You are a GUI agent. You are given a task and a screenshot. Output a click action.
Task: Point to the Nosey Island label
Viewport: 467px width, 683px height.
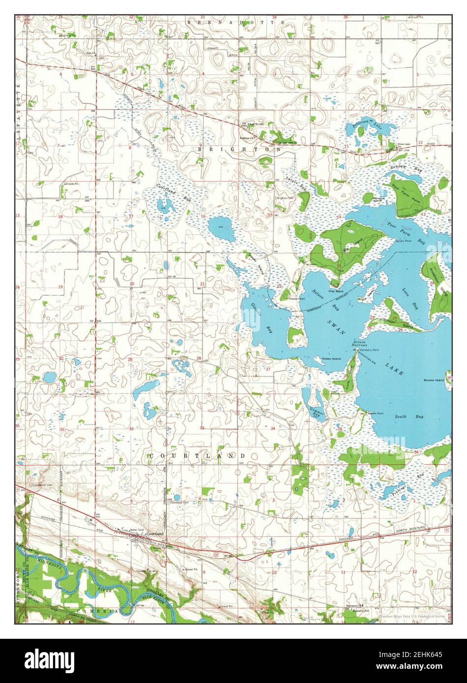[x=331, y=359]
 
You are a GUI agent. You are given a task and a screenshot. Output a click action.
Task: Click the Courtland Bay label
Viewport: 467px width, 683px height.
[x=167, y=192]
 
